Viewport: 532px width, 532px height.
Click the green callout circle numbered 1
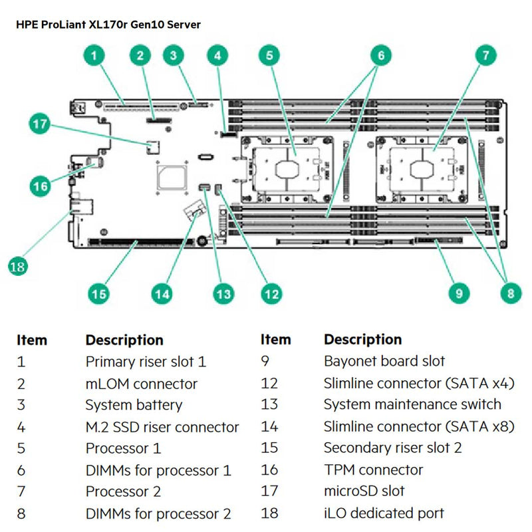tap(97, 56)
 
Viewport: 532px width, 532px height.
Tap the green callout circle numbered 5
tap(269, 56)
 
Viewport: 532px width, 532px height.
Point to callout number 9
tap(459, 293)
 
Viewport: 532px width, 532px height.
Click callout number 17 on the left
tap(41, 123)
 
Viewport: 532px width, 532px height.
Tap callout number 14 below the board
tap(162, 293)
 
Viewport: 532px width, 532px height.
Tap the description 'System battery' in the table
tap(133, 405)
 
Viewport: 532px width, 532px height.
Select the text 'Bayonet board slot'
tap(384, 362)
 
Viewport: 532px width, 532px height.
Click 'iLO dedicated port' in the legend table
tap(384, 513)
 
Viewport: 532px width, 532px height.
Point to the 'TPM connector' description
tap(373, 469)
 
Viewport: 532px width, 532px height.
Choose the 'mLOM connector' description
tap(141, 384)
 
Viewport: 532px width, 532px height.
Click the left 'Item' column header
tap(31, 340)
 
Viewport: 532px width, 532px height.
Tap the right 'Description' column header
tap(362, 340)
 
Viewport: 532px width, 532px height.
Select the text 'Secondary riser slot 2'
tap(392, 448)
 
